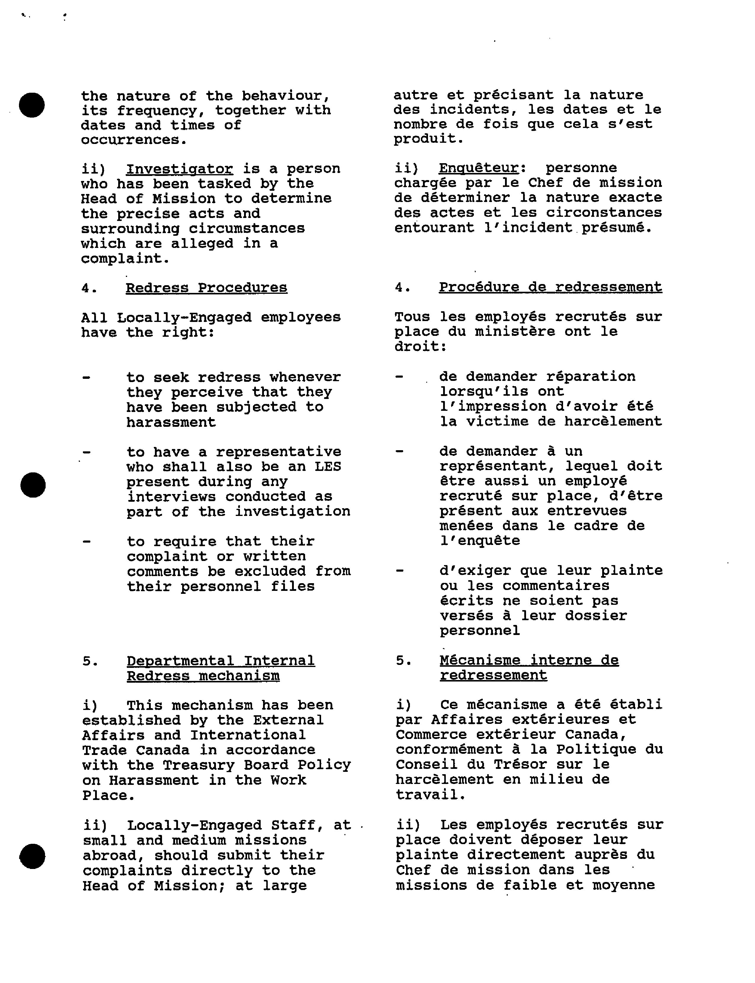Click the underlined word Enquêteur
[479, 168]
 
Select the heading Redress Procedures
[206, 288]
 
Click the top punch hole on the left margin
[31, 105]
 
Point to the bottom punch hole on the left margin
[32, 856]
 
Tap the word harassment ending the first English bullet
[171, 422]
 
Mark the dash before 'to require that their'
[86, 541]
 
